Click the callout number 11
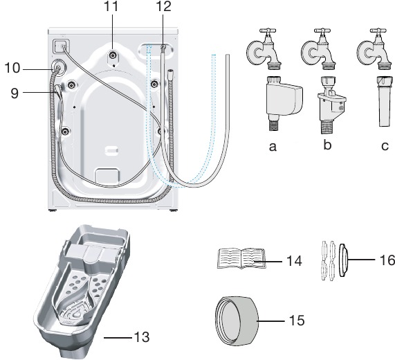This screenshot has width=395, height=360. coord(111,6)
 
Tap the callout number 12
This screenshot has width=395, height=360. coord(163,6)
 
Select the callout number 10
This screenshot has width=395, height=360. coord(12,68)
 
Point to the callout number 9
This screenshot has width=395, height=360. coord(15,93)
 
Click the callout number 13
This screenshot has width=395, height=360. coord(142,337)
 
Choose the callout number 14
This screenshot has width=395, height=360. coord(294,261)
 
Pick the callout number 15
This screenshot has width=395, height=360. coord(297,321)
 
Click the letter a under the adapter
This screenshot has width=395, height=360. coord(273,147)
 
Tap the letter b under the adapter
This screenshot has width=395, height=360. coord(327,145)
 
